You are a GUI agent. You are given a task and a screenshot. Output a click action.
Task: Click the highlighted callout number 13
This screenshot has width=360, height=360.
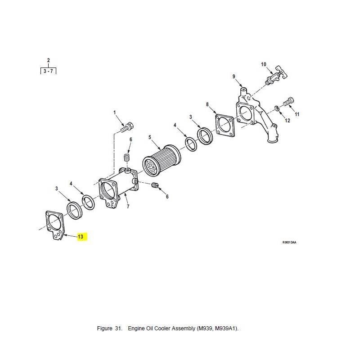(x=81, y=237)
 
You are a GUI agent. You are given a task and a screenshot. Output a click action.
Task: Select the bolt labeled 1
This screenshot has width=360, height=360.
(x=127, y=127)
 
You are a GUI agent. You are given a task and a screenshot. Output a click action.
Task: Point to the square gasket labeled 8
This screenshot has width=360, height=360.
(x=225, y=126)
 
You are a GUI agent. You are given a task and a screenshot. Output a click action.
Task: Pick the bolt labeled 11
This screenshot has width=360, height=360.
(x=289, y=102)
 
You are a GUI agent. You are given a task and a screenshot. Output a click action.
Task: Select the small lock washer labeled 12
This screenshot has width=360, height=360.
(x=277, y=108)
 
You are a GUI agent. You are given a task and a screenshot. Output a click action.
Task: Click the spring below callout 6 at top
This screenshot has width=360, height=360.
(x=126, y=158)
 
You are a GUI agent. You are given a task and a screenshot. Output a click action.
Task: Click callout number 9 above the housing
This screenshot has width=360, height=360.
(x=234, y=76)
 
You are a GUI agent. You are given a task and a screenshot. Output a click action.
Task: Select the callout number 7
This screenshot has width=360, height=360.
(x=128, y=207)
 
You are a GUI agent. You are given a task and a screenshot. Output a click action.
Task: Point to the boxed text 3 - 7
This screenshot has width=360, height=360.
(x=48, y=71)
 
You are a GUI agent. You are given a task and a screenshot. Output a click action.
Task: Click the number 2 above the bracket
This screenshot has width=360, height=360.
(x=48, y=60)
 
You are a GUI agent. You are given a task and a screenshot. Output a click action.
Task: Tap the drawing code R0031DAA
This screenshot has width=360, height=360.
(x=289, y=243)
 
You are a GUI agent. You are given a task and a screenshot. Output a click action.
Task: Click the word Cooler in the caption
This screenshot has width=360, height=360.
(x=162, y=328)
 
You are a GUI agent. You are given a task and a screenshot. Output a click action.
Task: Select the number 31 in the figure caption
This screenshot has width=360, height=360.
(x=118, y=328)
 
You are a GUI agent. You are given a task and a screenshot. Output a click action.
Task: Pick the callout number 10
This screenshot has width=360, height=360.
(x=264, y=64)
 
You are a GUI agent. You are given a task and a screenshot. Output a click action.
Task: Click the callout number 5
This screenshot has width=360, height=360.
(x=150, y=137)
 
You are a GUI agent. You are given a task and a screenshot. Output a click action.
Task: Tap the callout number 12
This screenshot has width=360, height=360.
(x=288, y=121)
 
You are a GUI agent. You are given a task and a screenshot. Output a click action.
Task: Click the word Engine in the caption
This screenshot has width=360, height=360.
(x=136, y=328)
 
